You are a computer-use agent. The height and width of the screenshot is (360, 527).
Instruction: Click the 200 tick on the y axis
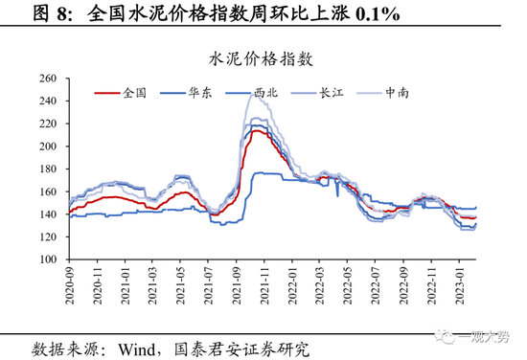(49, 147)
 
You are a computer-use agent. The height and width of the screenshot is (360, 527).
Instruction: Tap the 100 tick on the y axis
(49, 260)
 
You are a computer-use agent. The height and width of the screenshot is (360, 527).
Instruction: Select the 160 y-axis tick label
(49, 192)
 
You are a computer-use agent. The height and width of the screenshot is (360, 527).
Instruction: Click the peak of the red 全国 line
(257, 130)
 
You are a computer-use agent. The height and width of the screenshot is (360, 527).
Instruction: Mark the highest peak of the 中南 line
(251, 92)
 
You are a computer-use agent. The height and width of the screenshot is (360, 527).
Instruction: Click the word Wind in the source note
(140, 346)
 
